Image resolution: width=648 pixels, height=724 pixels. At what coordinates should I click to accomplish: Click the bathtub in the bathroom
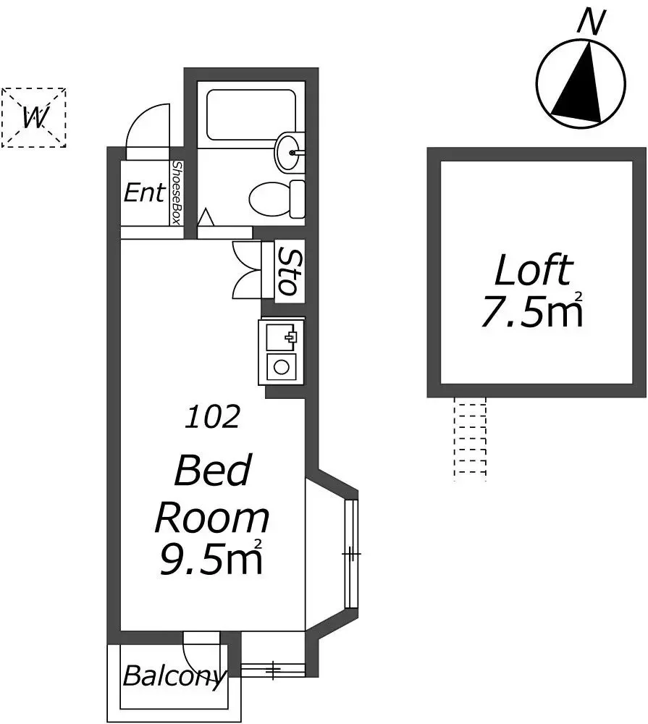pos(251,115)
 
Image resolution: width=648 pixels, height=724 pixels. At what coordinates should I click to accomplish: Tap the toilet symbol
pos(277,199)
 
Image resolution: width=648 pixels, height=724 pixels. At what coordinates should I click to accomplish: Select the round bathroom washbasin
pos(290,151)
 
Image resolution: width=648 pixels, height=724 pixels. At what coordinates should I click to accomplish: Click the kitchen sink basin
pos(281,336)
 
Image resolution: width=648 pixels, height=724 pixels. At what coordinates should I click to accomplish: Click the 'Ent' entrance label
pos(144,193)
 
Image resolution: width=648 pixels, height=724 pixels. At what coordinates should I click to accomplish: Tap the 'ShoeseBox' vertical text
pos(176,193)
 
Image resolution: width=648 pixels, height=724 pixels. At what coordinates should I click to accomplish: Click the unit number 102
pos(213,416)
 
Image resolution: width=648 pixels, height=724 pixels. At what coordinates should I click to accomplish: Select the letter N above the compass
pos(592,22)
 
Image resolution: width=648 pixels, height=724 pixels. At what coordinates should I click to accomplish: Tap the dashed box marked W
pos(34,118)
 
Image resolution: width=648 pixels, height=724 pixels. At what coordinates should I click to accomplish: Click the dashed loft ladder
pos(470,439)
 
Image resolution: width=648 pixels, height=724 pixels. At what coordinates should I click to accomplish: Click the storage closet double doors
pos(247,270)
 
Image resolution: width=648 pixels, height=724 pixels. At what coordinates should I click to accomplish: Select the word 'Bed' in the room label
pos(213,470)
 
